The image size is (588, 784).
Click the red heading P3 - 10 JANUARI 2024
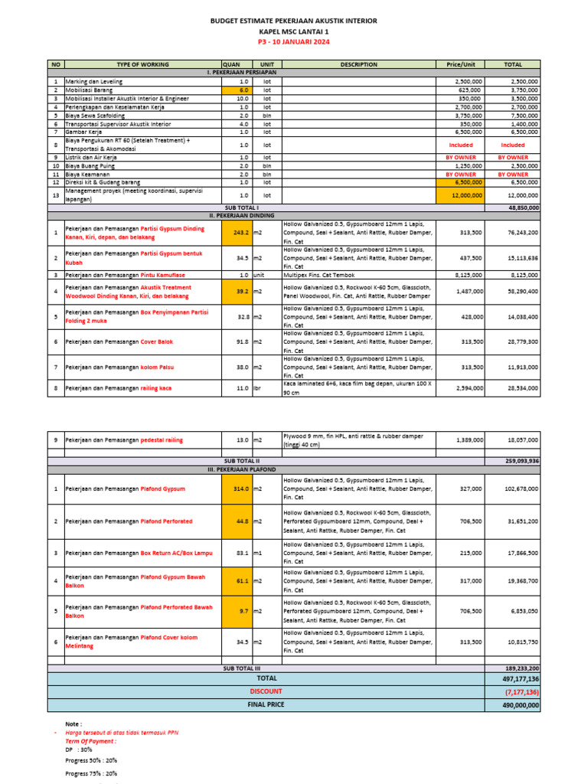(x=294, y=44)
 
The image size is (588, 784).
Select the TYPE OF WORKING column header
(x=143, y=64)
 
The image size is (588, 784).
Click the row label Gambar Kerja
(x=83, y=132)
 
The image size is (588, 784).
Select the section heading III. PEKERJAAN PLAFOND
(x=242, y=469)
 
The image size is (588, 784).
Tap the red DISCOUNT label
(x=266, y=691)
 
